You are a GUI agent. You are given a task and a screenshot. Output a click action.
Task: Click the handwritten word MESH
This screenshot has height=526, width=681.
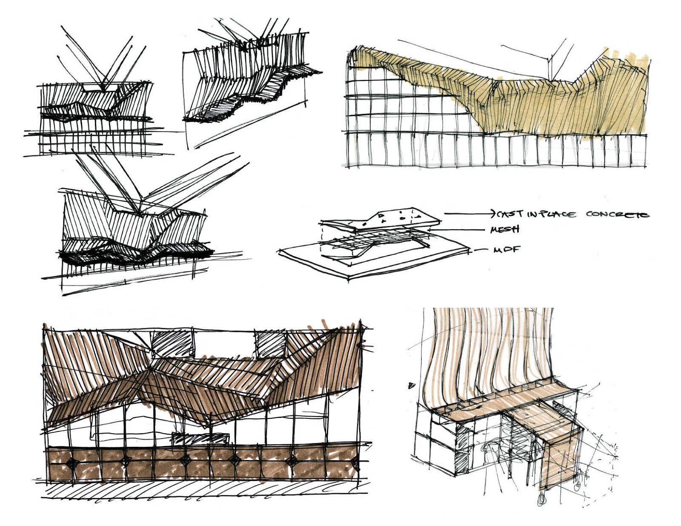(505, 229)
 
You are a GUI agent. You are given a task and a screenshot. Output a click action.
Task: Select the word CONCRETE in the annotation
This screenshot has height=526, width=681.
(617, 214)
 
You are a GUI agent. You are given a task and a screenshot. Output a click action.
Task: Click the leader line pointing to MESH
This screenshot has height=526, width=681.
(460, 230)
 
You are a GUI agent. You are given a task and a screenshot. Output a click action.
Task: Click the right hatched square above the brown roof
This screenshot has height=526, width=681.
(271, 344)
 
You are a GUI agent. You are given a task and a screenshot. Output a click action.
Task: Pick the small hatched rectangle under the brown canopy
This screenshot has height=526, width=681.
(200, 438)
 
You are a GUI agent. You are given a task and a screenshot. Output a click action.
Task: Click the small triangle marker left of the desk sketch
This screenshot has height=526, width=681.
(411, 386)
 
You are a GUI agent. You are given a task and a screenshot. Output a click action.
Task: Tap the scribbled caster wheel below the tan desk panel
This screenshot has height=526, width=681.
(541, 498)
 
